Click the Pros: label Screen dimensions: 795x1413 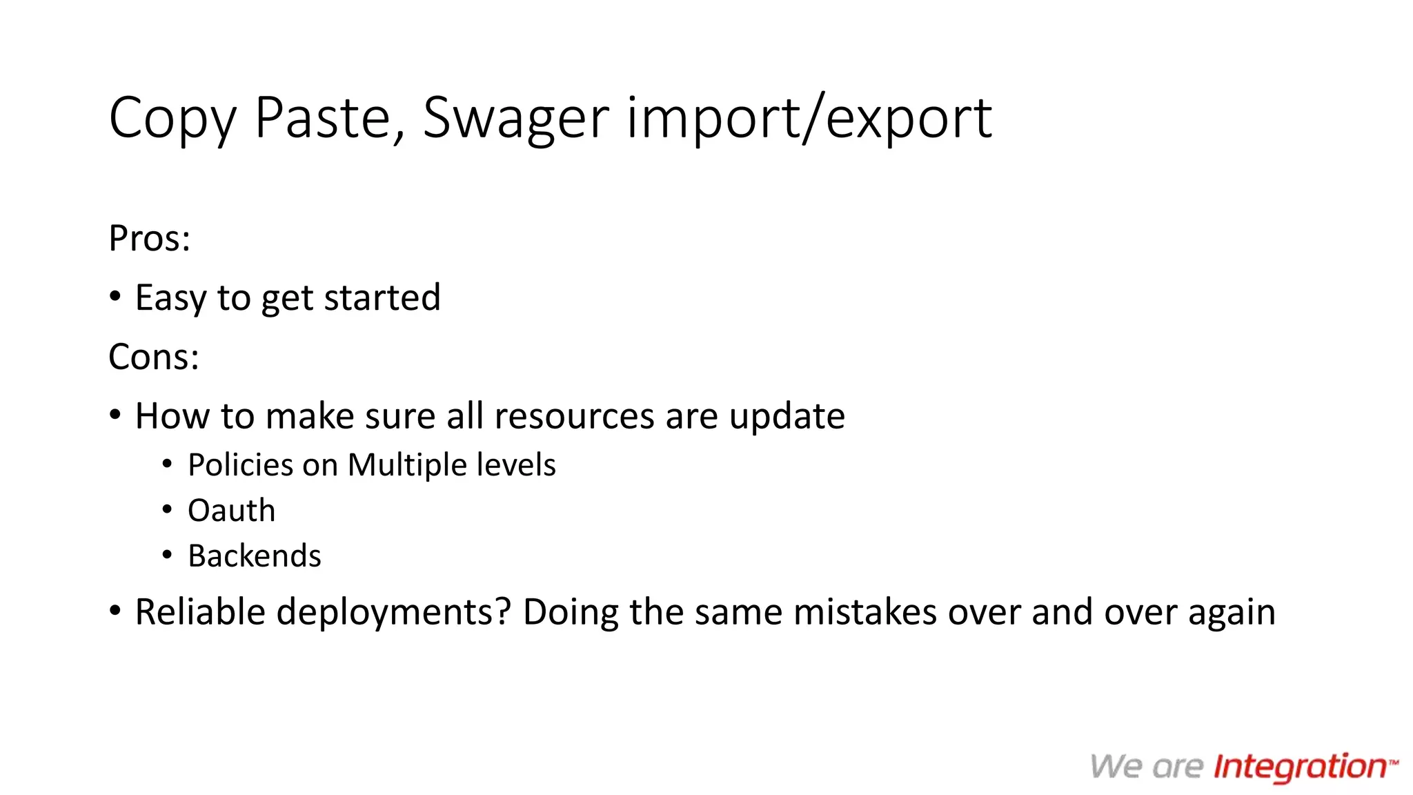(x=149, y=239)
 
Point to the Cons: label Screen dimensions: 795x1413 (x=153, y=357)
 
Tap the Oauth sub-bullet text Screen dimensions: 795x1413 (x=231, y=511)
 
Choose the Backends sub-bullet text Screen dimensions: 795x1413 (x=254, y=556)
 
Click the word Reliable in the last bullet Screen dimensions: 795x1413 (x=199, y=612)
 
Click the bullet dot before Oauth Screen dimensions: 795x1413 (x=167, y=510)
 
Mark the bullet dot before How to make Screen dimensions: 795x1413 (x=115, y=415)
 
